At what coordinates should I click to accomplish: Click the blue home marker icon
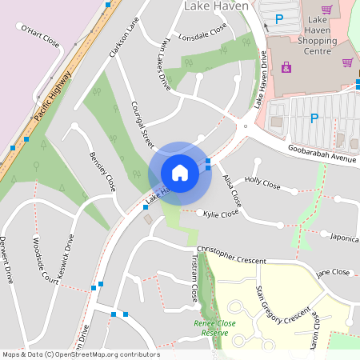click(x=180, y=173)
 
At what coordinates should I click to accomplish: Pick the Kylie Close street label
click(x=221, y=214)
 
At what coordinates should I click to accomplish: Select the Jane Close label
click(x=334, y=274)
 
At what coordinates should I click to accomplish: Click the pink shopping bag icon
click(x=286, y=68)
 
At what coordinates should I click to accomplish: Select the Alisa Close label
click(x=232, y=188)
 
